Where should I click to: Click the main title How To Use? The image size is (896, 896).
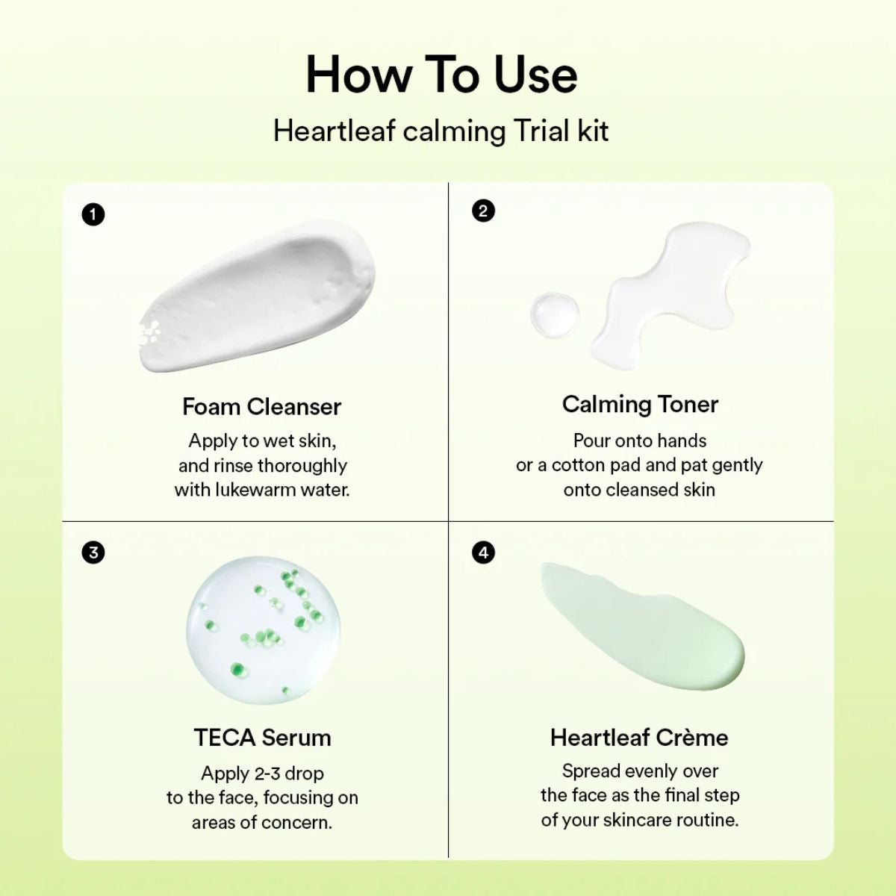[x=441, y=75]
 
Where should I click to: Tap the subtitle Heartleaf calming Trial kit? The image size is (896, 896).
[x=441, y=131]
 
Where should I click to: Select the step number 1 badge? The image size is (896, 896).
[x=93, y=215]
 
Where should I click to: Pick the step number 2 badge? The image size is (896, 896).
[x=483, y=211]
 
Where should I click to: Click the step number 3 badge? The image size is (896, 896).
[x=93, y=553]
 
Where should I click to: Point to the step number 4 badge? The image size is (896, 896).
[x=484, y=553]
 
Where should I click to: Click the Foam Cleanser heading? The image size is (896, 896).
[x=261, y=407]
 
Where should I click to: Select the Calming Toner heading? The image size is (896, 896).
[x=640, y=404]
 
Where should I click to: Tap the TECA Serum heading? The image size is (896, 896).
[x=262, y=738]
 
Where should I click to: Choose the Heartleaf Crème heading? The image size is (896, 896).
[x=639, y=738]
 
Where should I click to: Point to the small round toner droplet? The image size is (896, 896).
[x=555, y=313]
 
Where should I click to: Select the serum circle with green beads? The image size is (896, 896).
[x=263, y=629]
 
